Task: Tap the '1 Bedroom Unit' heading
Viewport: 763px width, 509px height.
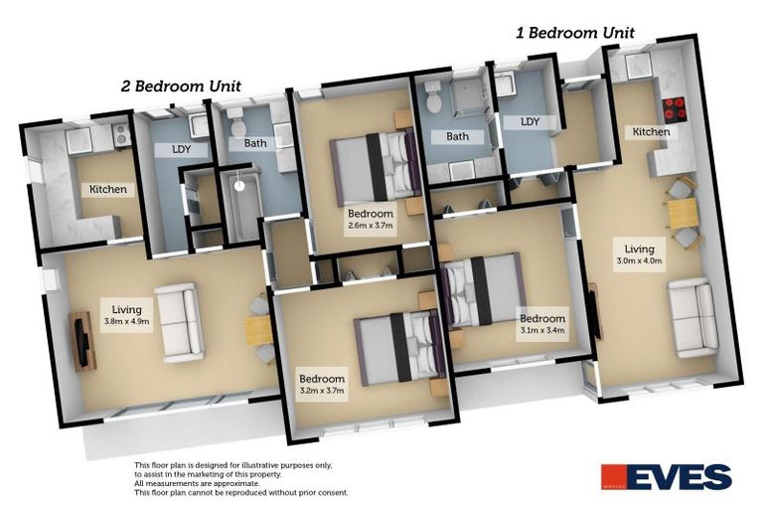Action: point(574,32)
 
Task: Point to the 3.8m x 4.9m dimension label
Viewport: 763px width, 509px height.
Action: point(127,322)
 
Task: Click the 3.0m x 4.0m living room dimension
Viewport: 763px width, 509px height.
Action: point(638,261)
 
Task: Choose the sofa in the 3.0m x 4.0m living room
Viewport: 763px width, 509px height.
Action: point(692,318)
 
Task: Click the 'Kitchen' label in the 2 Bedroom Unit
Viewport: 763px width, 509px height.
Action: point(108,190)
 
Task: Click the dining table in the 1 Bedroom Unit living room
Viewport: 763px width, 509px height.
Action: point(681,213)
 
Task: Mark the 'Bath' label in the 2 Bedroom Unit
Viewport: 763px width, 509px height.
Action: point(255,144)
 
